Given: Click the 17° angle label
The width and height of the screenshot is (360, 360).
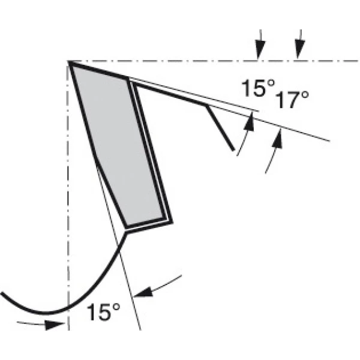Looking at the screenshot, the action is [292, 100].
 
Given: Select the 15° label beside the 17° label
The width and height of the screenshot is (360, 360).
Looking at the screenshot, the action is [258, 88].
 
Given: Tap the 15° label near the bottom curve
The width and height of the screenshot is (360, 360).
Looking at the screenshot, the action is [103, 312].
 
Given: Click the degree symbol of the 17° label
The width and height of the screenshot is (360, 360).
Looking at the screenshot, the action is [304, 95].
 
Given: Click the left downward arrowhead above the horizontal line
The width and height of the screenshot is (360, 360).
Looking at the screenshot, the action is [260, 50].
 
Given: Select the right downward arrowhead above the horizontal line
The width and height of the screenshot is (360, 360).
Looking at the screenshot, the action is [299, 49].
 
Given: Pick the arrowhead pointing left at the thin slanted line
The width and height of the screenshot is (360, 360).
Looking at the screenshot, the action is [143, 292].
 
